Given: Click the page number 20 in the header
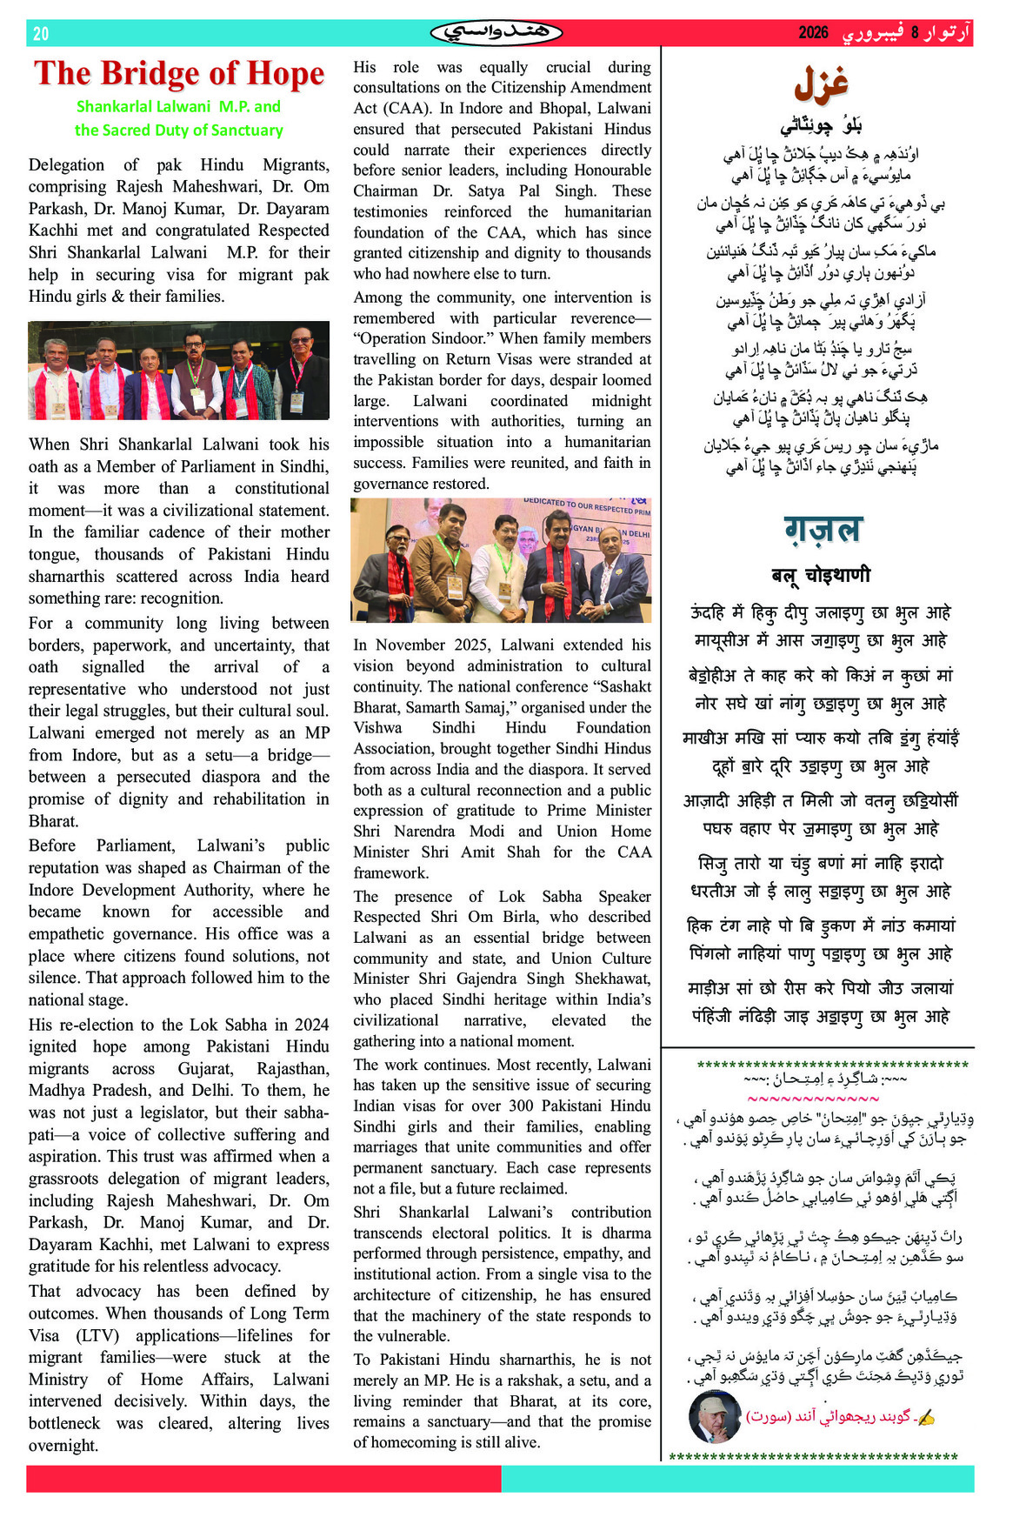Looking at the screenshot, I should tap(41, 34).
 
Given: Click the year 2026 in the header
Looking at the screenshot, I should tap(813, 33).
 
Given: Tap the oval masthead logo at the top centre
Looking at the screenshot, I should tap(496, 33).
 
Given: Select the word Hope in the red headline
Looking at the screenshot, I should tap(285, 73).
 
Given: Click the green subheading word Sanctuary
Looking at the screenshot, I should tap(242, 130).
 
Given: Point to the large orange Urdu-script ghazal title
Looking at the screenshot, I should tap(821, 84).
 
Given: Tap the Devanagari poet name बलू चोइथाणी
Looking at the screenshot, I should tap(821, 574).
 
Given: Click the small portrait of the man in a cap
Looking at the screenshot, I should tap(714, 1416).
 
